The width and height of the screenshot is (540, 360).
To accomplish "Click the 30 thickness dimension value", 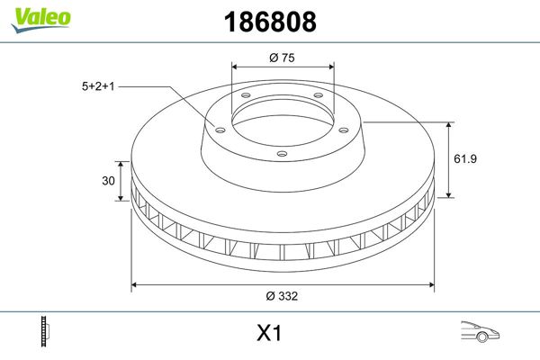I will (x=108, y=181).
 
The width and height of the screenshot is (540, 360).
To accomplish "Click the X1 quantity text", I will (x=270, y=334).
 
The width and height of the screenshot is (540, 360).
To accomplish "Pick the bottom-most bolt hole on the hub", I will (x=281, y=154).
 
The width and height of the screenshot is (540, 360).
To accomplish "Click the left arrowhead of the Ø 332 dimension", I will (x=136, y=285).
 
